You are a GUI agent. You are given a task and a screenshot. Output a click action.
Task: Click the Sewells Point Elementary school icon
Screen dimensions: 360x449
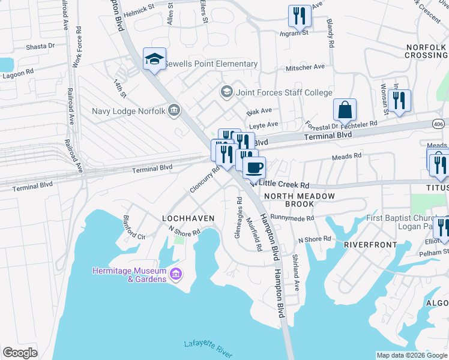click(154, 59)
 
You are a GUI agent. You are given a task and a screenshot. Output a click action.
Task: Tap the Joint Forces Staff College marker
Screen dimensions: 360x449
click(226, 92)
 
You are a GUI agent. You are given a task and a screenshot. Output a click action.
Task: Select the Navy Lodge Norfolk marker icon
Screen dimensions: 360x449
click(174, 110)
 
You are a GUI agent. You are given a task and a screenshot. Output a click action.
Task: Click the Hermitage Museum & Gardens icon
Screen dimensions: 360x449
click(176, 275)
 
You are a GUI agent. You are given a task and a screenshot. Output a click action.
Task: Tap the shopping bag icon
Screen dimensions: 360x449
click(345, 110)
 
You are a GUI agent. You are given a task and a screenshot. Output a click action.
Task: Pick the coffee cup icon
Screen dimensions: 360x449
click(255, 167)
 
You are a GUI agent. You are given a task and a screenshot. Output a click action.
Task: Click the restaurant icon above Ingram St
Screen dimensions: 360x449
click(300, 16)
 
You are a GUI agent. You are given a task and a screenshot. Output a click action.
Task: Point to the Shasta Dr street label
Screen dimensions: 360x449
click(40, 46)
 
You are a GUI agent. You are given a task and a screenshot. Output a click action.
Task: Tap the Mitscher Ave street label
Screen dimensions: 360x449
click(306, 67)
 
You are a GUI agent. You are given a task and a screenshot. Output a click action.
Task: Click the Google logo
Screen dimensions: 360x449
click(20, 353)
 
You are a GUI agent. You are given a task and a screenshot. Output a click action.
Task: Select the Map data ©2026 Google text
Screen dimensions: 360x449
click(411, 355)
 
